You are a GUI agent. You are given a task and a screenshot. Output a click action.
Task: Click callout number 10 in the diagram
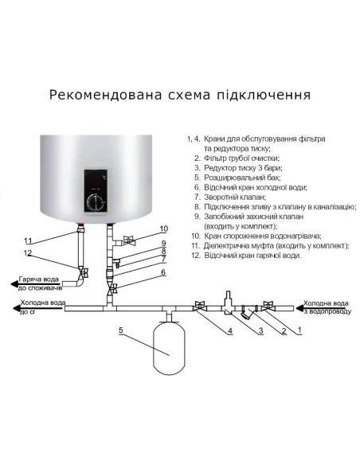coord(163,229)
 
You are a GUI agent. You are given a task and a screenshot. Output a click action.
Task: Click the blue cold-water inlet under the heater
coord(109,227)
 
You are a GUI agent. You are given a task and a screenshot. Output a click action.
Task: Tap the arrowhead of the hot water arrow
coord(10,281)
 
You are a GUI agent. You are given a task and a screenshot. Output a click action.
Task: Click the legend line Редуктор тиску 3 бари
coord(238,170)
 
